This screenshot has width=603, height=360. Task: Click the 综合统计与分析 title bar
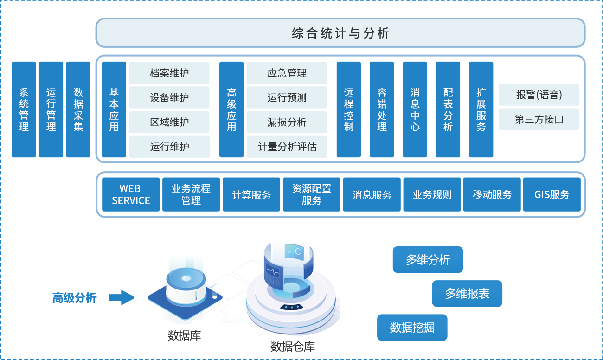click(340, 33)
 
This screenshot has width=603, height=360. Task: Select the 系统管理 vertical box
click(24, 109)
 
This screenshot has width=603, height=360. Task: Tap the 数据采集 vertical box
click(78, 109)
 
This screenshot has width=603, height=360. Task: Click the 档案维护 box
click(169, 73)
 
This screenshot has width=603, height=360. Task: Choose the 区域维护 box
click(169, 122)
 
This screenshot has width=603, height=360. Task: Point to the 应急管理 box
click(287, 73)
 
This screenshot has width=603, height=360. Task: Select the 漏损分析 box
click(287, 122)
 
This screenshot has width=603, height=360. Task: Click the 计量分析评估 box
click(287, 147)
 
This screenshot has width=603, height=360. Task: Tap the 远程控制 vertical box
click(349, 109)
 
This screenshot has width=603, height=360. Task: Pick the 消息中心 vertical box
click(415, 109)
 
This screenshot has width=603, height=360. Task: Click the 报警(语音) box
click(539, 95)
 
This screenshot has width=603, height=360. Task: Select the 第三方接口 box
click(539, 119)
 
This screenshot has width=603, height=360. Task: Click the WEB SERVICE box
click(131, 194)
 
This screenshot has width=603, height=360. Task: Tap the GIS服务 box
click(552, 194)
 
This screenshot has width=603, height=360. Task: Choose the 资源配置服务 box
click(312, 194)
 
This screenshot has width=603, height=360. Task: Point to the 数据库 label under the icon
click(184, 335)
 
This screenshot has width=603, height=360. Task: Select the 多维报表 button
click(467, 293)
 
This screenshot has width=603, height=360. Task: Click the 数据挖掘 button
click(412, 328)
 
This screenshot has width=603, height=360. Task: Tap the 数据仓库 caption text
click(292, 346)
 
